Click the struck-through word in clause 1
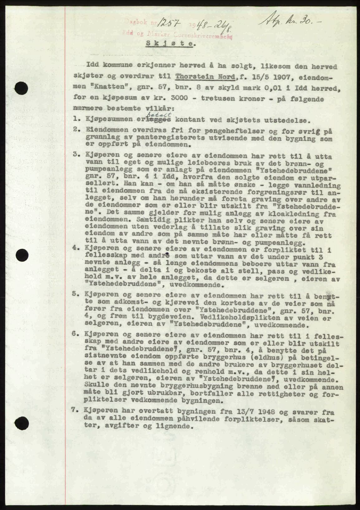pyautogui.click(x=160, y=120)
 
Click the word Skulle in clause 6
pyautogui.click(x=95, y=387)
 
